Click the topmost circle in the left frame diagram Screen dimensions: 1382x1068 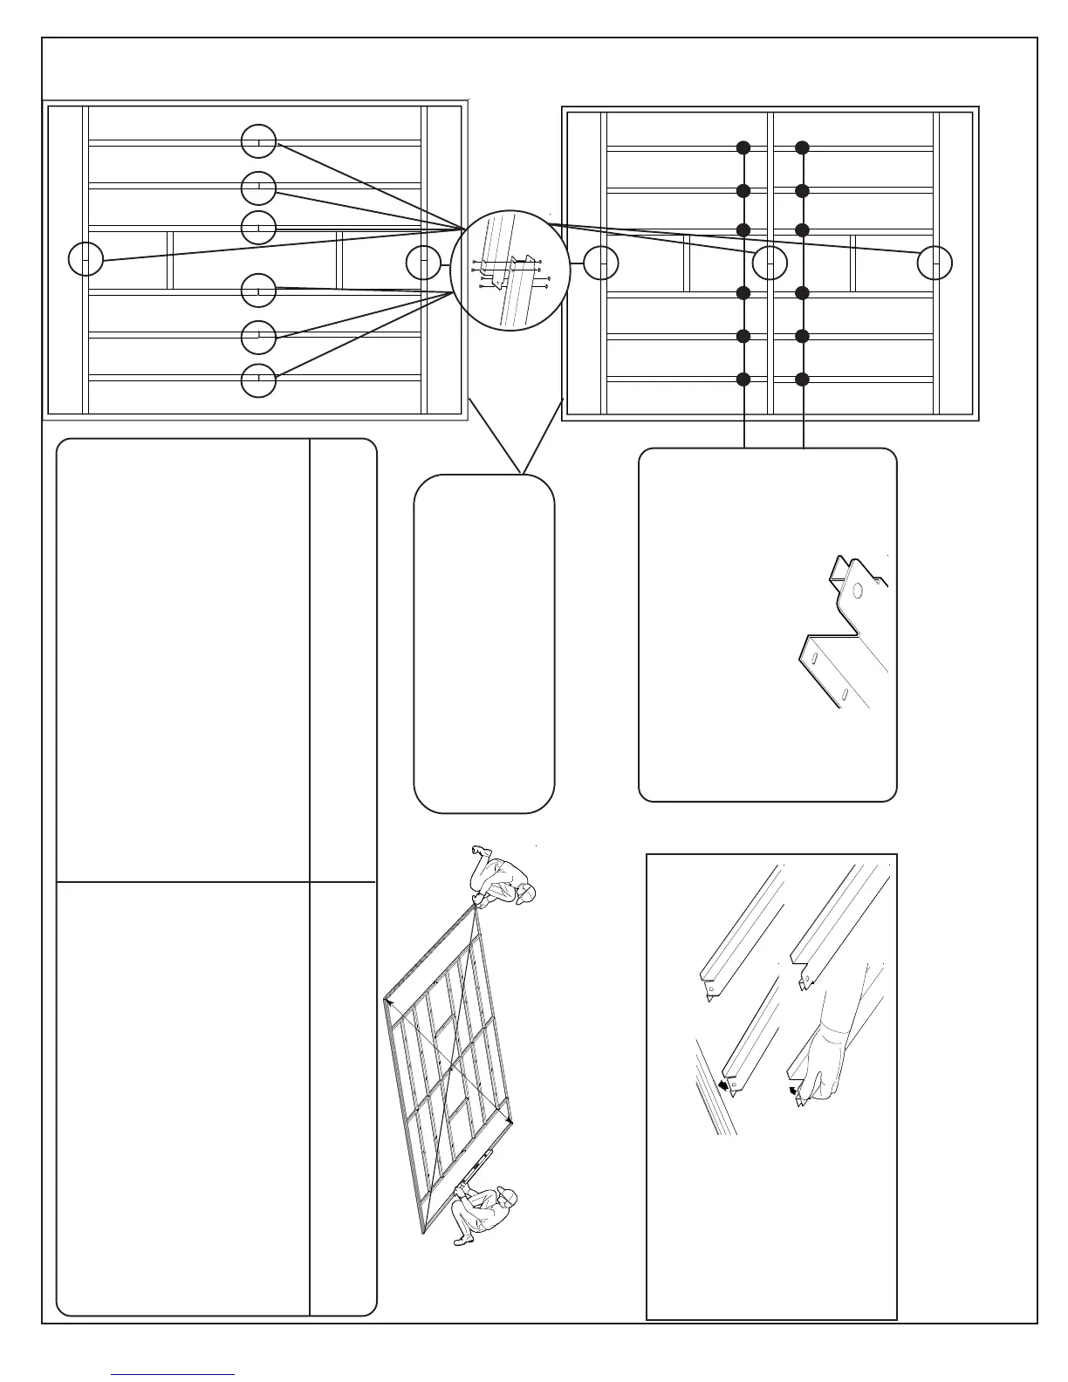[x=258, y=141]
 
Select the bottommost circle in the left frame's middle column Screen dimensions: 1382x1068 [x=258, y=380]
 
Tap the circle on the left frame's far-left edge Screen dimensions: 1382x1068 [x=86, y=259]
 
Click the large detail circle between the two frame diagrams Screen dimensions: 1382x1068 [x=510, y=270]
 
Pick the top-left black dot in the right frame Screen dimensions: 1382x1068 [x=743, y=148]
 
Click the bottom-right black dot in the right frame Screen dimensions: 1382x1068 [x=803, y=379]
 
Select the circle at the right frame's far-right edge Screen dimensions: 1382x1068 [x=934, y=263]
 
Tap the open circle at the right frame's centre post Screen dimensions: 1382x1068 [x=770, y=263]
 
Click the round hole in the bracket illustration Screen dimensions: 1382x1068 [x=857, y=591]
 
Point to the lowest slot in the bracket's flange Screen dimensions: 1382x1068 [x=845, y=695]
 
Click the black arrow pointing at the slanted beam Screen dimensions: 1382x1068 [x=723, y=1085]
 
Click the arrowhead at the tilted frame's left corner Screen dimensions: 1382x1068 [x=389, y=1004]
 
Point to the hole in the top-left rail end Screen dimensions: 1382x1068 [x=711, y=989]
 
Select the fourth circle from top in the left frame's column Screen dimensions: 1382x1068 [x=258, y=291]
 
